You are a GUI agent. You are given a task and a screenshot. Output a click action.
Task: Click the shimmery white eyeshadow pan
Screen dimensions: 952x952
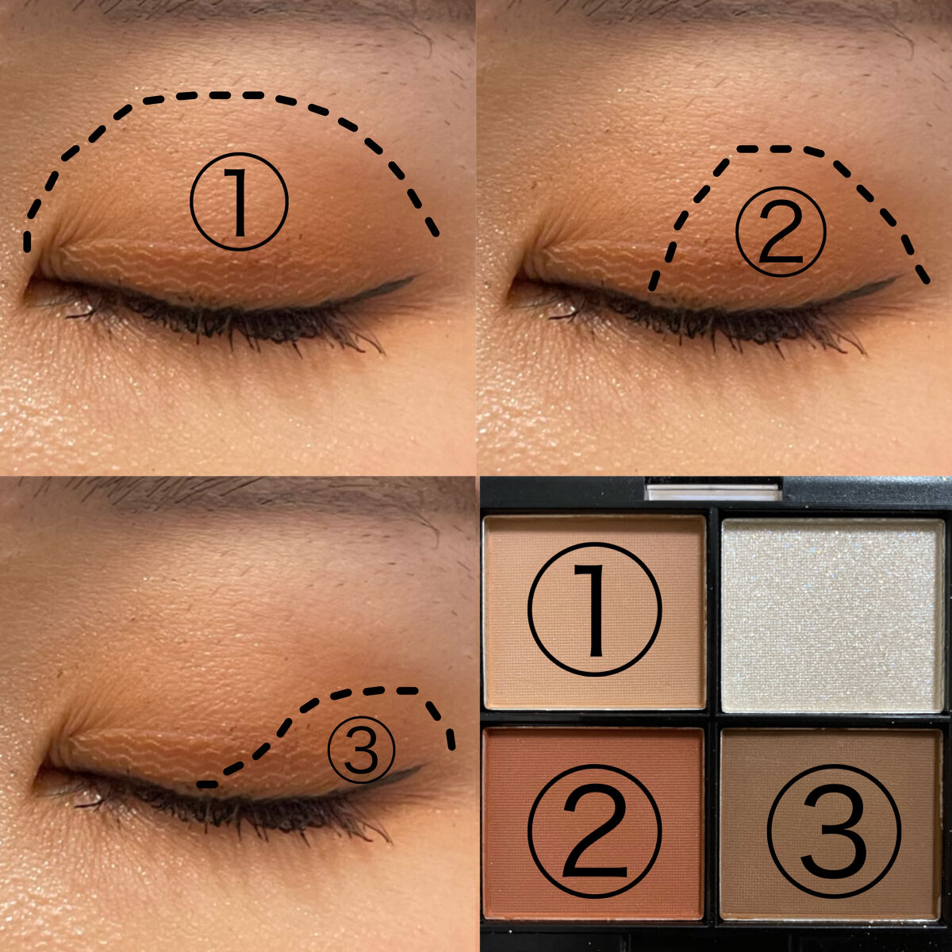coord(833,615)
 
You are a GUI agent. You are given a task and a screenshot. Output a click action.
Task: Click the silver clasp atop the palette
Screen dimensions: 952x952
coord(713,492)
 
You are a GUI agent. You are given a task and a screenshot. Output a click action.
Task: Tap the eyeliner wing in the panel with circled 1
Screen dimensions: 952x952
coord(386,288)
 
